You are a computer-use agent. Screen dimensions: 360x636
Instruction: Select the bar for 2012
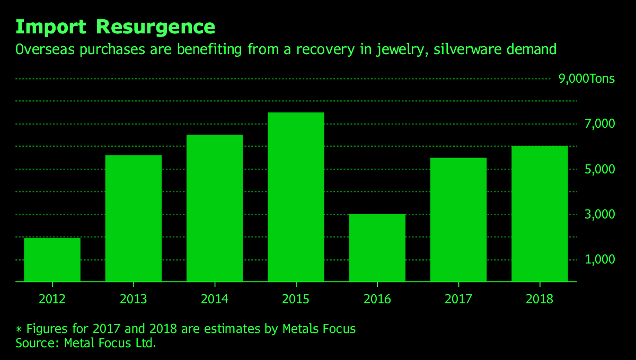pyautogui.click(x=52, y=260)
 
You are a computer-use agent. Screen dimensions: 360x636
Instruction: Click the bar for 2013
pyautogui.click(x=134, y=218)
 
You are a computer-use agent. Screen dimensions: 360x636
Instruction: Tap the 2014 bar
pyautogui.click(x=215, y=208)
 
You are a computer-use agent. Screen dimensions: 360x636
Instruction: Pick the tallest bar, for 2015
pyautogui.click(x=296, y=197)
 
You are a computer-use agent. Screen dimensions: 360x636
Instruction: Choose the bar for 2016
pyautogui.click(x=377, y=248)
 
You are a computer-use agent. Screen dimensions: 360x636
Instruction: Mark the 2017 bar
pyautogui.click(x=458, y=219)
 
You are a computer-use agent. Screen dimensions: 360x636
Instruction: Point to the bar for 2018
pyautogui.click(x=540, y=214)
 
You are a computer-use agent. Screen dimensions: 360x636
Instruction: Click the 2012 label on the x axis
pyautogui.click(x=52, y=299)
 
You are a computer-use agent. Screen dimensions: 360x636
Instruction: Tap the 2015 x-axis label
pyautogui.click(x=296, y=299)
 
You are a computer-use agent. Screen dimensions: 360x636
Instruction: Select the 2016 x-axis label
pyautogui.click(x=377, y=299)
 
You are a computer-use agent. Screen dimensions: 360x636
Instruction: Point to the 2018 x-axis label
pyautogui.click(x=540, y=299)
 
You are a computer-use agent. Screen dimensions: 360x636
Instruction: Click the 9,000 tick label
pyautogui.click(x=573, y=79)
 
